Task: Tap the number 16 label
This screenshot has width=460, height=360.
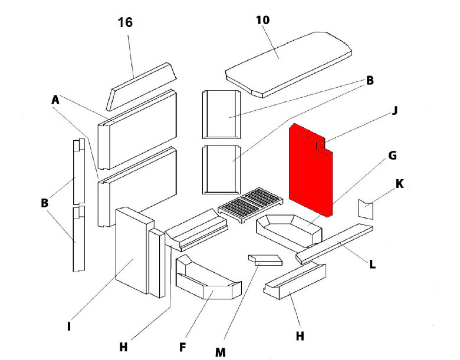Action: coord(125,23)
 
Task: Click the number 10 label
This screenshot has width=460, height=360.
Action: coord(262,20)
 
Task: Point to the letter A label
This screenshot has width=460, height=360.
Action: coord(56,101)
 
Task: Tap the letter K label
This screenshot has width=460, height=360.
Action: coord(399,184)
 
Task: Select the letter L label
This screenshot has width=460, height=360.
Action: coord(372,265)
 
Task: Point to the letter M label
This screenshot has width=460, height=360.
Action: coord(220,352)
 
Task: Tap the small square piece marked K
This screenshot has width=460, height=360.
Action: coord(366,209)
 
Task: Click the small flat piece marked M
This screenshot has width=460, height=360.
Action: coord(265,260)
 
